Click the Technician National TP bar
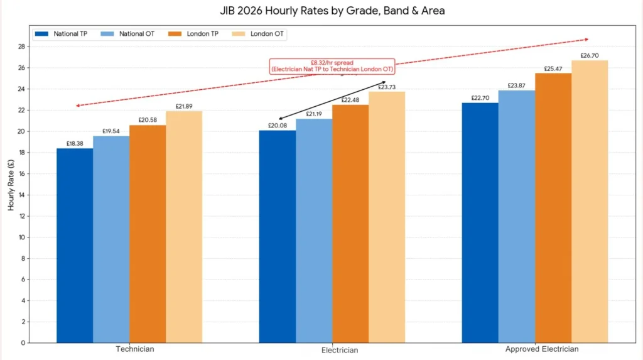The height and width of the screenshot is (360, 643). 75,245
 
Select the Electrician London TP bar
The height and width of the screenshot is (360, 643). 350,223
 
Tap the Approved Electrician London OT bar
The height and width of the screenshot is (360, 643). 590,201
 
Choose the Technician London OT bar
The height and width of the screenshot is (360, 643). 184,226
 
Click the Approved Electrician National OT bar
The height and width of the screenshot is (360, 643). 517,216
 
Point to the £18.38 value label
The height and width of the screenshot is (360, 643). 75,143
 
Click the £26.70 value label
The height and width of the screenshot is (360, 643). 590,55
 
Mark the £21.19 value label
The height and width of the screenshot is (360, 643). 314,114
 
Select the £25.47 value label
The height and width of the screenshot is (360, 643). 553,68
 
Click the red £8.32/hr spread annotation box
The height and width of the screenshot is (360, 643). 332,66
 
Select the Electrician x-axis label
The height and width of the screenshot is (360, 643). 332,350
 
